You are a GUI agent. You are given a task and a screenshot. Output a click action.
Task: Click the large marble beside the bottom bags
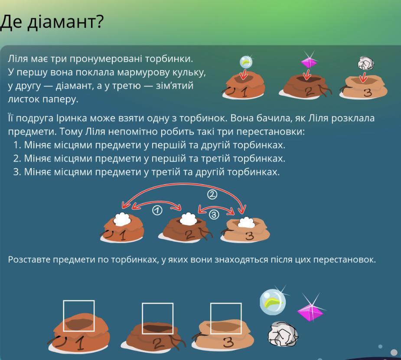pyautogui.click(x=273, y=302)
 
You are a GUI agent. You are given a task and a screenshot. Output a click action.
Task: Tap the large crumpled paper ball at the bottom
pyautogui.click(x=283, y=334)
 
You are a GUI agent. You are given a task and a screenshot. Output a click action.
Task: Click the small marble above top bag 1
pyautogui.click(x=246, y=62)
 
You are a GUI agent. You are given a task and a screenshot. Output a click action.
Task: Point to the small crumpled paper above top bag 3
pyautogui.click(x=366, y=63)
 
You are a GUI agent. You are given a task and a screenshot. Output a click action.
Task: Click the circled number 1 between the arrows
pyautogui.click(x=157, y=210)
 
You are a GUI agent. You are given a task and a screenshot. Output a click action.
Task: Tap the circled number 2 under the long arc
pyautogui.click(x=212, y=195)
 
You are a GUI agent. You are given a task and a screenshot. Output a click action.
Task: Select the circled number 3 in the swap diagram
pyautogui.click(x=214, y=215)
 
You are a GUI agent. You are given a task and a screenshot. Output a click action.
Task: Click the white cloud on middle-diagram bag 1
pyautogui.click(x=122, y=219)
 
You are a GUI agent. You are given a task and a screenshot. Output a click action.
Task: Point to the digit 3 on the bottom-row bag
pyautogui.click(x=228, y=343)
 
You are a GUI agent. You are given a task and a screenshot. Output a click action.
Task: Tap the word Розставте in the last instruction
pyautogui.click(x=29, y=259)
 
